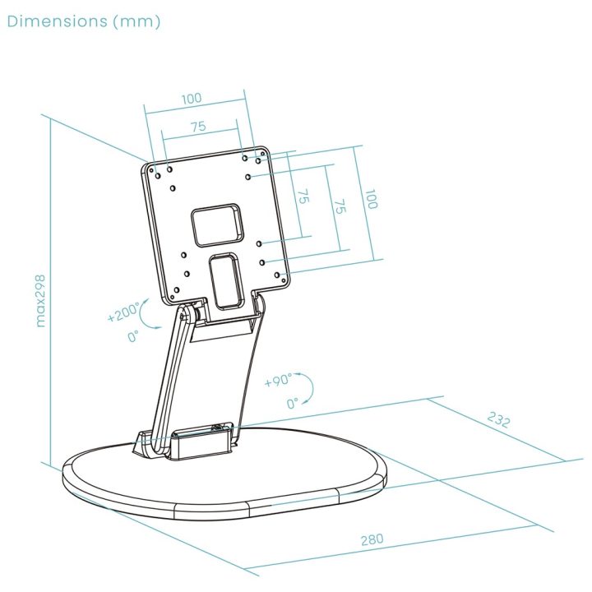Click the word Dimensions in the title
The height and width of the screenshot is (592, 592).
57,21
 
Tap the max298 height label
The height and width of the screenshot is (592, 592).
40,301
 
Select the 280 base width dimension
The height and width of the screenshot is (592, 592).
372,539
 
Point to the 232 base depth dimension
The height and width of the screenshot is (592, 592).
498,419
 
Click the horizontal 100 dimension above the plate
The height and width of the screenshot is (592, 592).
192,99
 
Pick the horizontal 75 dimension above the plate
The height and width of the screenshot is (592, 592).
198,126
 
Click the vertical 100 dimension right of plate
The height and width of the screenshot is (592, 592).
371,199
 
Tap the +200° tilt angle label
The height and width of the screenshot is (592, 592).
123,312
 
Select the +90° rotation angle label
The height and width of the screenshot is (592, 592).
278,380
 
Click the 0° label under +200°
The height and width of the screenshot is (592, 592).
133,335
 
